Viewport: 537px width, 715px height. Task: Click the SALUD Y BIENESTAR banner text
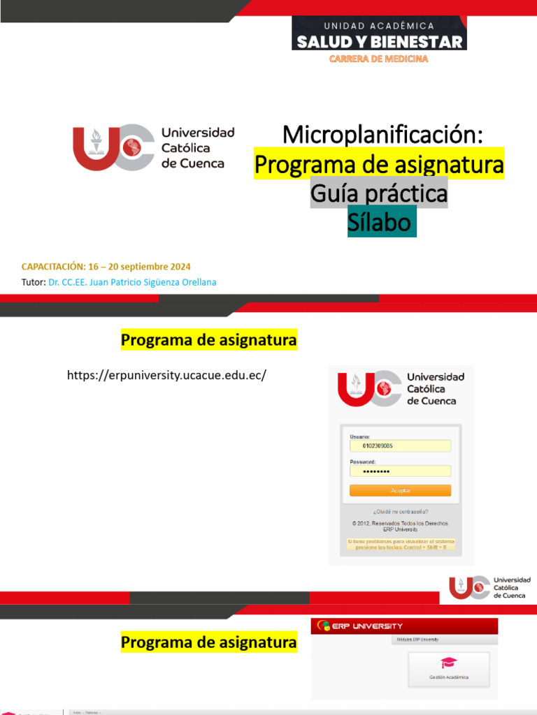coord(379,41)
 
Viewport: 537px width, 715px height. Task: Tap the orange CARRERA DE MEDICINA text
coord(379,59)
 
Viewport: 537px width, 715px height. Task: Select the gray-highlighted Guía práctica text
coord(379,193)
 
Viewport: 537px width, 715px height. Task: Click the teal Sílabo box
coord(382,221)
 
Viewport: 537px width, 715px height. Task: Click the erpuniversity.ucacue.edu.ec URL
coord(167,376)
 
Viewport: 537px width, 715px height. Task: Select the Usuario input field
coord(400,445)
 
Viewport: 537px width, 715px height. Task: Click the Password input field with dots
coord(400,471)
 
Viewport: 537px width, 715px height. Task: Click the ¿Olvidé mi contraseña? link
coord(401,511)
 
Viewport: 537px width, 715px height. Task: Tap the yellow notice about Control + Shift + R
coord(401,544)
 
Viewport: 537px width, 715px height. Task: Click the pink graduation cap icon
coord(448,663)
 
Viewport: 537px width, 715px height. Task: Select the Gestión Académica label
coord(449,677)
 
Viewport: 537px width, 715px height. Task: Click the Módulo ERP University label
coord(420,640)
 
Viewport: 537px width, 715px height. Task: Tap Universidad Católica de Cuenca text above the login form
coord(436,388)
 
